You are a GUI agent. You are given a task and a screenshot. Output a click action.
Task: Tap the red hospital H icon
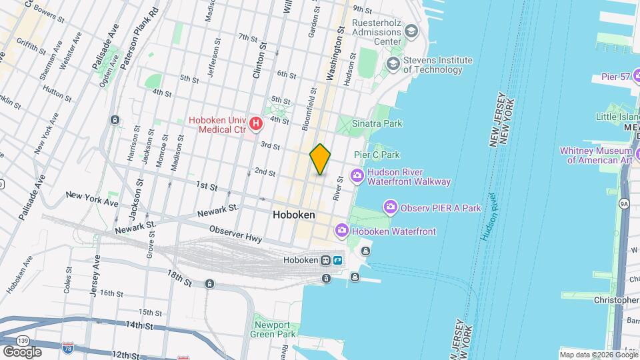click(256, 123)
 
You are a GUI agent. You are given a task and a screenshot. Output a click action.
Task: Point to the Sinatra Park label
click(377, 123)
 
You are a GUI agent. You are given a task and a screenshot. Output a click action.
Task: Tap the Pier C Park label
click(377, 155)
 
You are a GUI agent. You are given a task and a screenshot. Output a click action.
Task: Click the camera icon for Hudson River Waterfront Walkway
click(357, 176)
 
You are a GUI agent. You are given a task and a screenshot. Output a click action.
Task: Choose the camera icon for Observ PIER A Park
click(390, 207)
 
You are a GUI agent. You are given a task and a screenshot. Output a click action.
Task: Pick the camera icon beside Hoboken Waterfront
click(341, 231)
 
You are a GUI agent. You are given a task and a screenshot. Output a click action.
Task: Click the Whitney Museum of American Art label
click(599, 155)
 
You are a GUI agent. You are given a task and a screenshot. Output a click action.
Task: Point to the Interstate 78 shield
click(67, 348)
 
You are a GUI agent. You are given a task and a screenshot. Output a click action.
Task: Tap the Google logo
click(22, 351)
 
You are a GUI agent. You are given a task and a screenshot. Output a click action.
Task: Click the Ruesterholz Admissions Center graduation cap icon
click(411, 30)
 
